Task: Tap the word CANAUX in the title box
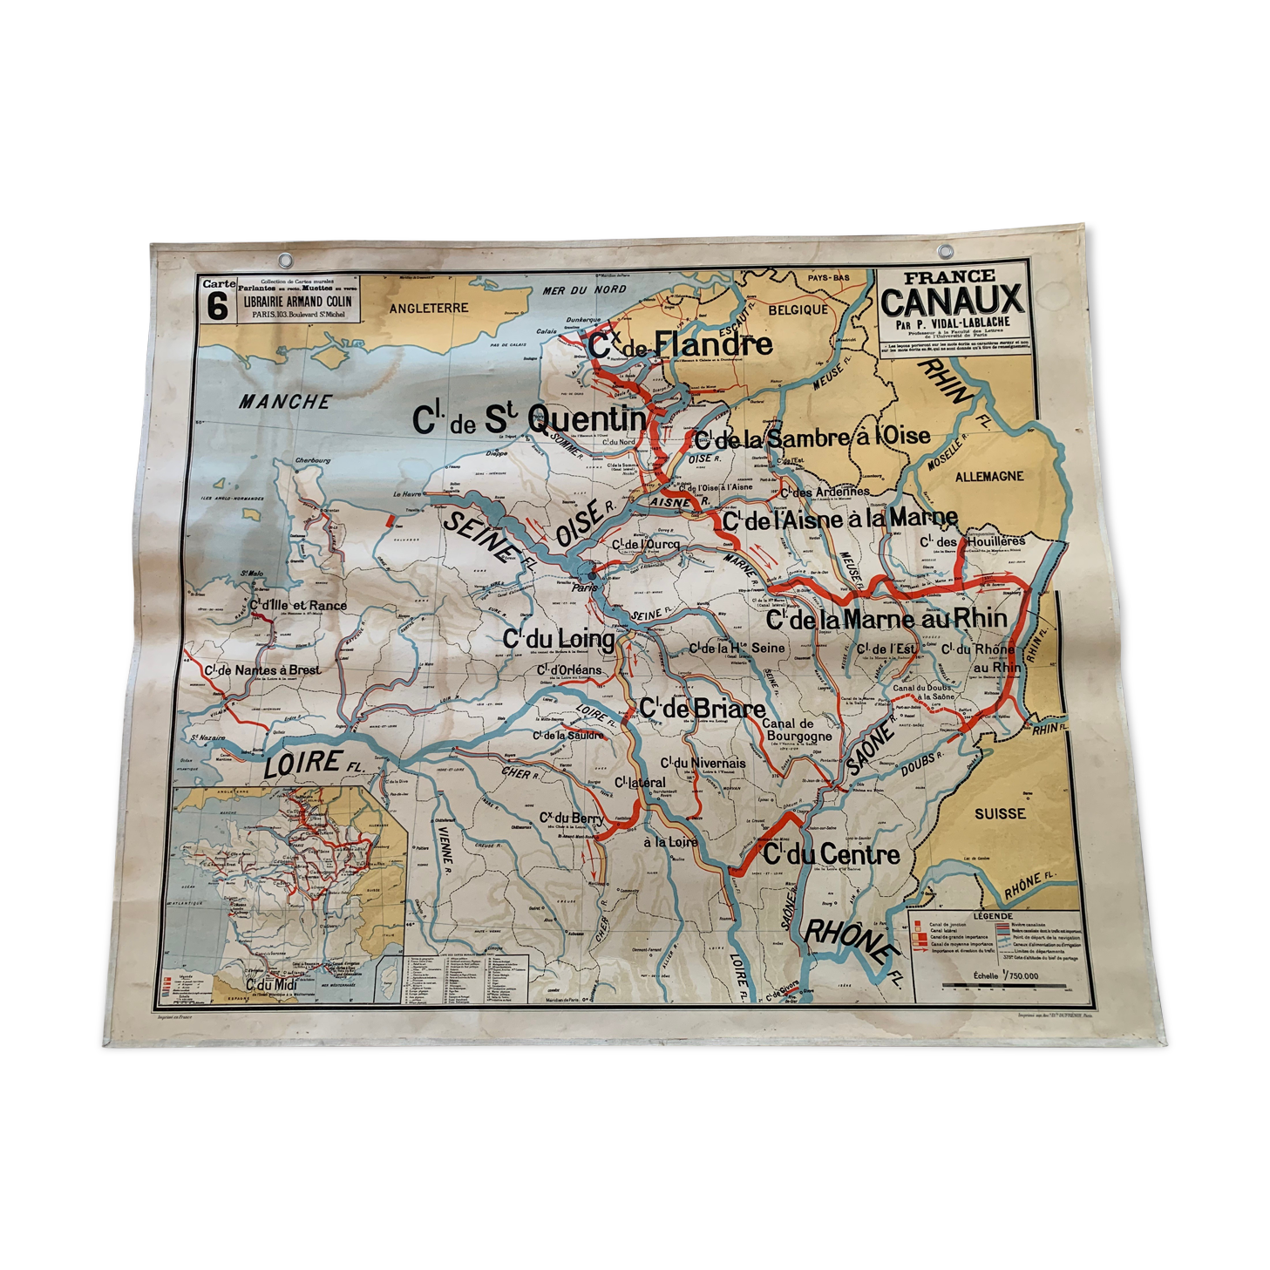coord(951,302)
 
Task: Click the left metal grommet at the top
coord(285,258)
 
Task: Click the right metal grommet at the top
coord(944,252)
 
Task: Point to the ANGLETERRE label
coord(429,308)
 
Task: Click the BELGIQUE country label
coord(798,309)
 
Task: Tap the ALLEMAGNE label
coord(988,477)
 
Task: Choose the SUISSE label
coord(1000,813)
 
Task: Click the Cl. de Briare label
coord(702,709)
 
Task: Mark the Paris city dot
coord(593,575)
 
